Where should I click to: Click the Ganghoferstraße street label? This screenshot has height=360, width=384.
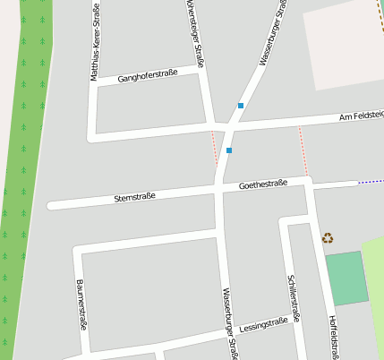pos(148,75)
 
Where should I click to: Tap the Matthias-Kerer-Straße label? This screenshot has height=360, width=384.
pos(95,42)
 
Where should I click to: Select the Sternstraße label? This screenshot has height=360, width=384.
pos(135,196)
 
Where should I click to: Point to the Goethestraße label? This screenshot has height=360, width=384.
pos(263,184)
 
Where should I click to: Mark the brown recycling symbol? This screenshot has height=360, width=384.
pos(328,238)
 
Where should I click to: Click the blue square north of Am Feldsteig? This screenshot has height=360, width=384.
pos(240,106)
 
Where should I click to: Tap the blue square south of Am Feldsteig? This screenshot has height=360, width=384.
pos(229,150)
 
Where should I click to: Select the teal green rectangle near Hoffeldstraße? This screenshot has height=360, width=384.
pos(346,279)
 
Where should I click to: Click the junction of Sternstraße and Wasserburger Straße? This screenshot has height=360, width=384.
pos(219,189)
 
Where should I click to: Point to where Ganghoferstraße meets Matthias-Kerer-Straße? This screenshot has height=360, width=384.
pos(92,85)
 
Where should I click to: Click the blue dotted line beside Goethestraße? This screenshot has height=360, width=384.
pos(370,182)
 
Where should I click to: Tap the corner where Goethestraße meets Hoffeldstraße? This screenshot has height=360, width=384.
pos(307,182)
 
